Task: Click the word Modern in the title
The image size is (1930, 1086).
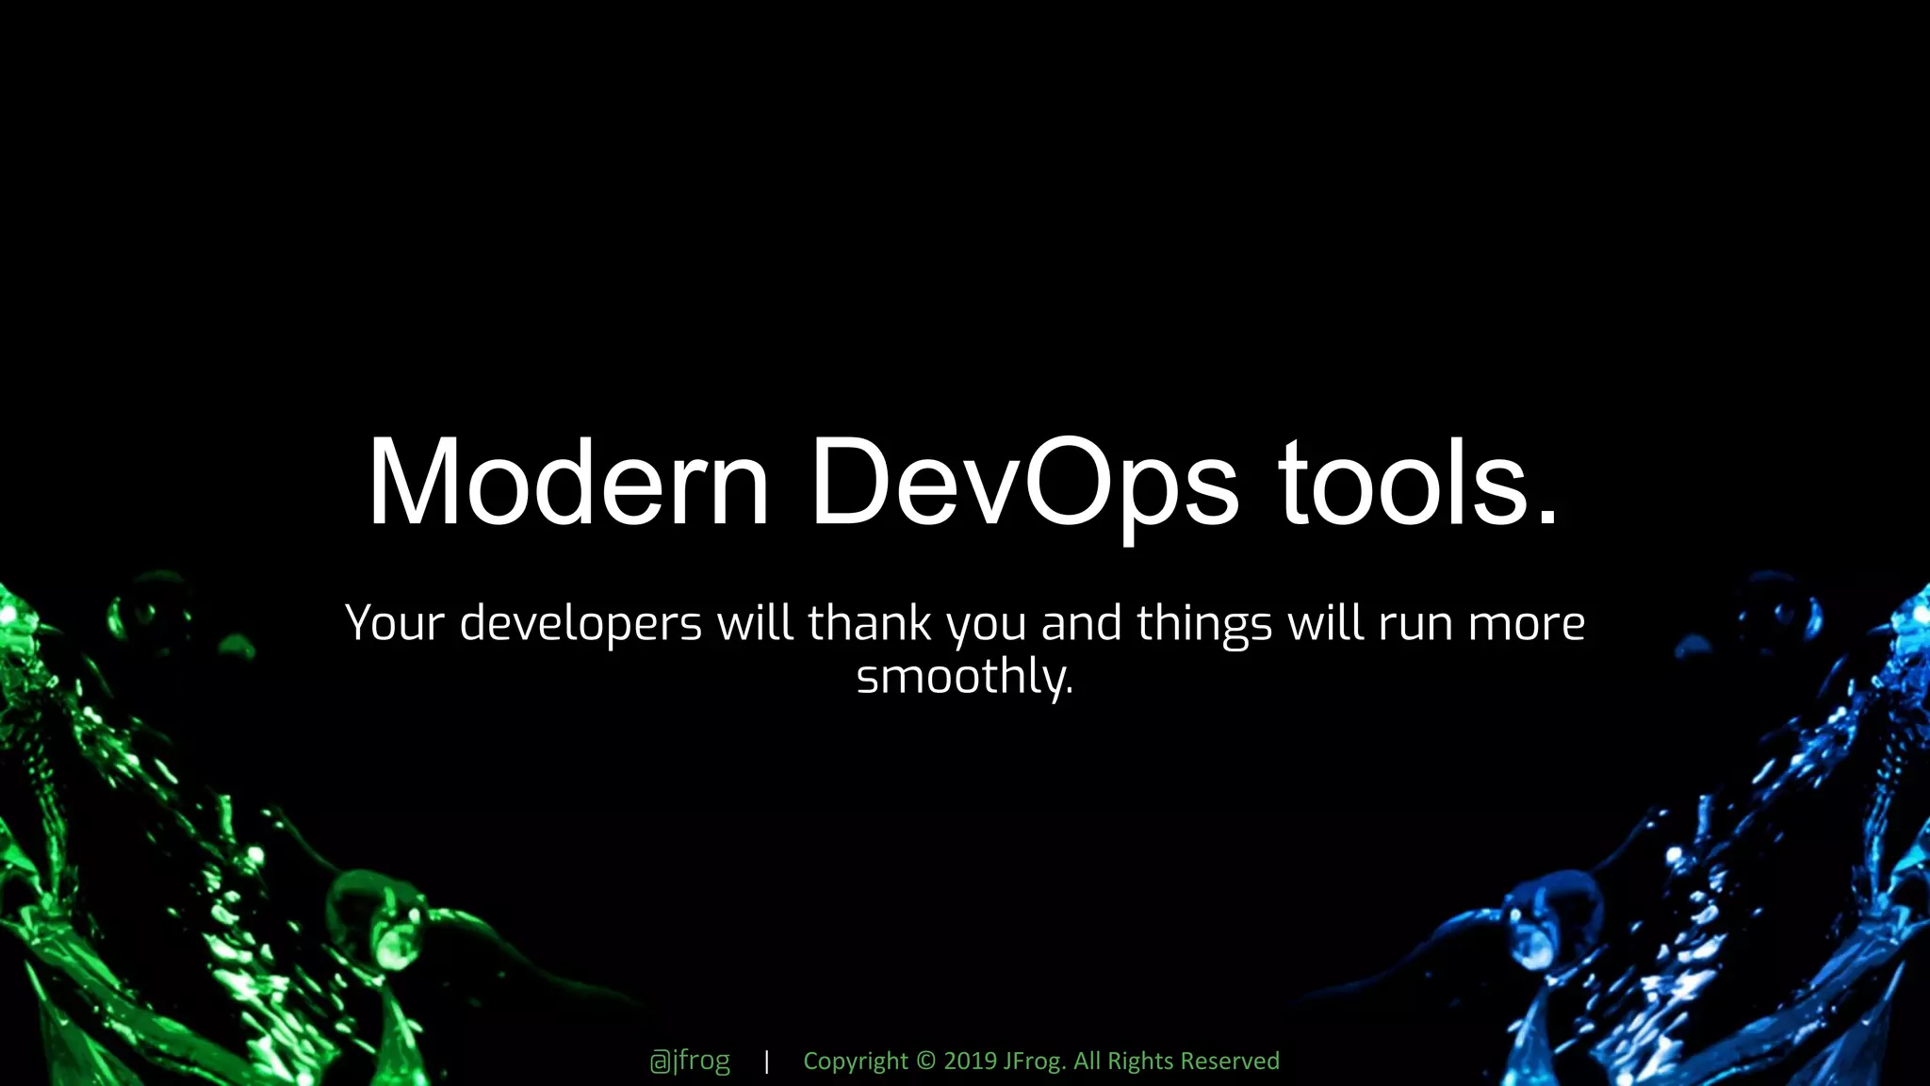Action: (567, 483)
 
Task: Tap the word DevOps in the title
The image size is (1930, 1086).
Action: (1023, 483)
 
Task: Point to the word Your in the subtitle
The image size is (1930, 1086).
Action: (394, 623)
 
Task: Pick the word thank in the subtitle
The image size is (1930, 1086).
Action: (869, 623)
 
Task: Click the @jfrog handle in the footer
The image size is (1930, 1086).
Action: (690, 1061)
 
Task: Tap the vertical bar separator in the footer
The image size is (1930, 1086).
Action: (767, 1061)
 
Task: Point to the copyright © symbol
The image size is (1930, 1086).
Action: (925, 1061)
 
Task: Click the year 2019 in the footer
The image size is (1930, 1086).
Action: (970, 1061)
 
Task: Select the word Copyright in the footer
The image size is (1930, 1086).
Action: (855, 1061)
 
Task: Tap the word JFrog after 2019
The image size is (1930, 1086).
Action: (1034, 1061)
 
